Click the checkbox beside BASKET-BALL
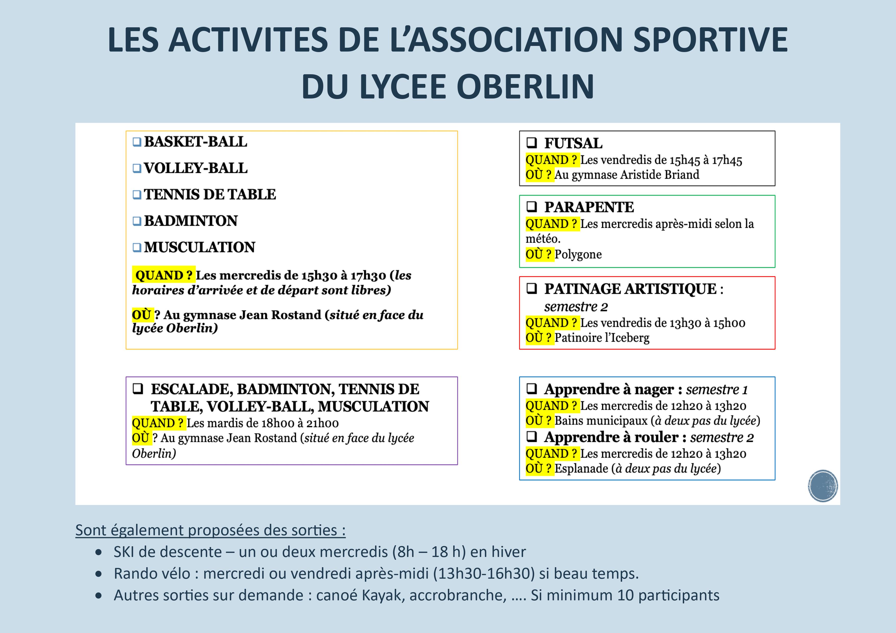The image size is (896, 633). [137, 142]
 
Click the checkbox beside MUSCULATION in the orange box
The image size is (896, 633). [137, 247]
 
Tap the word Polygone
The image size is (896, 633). [578, 254]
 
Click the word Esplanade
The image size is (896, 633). [581, 468]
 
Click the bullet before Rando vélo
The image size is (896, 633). [99, 574]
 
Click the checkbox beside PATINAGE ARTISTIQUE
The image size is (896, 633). [532, 289]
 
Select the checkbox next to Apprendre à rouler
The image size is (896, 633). [532, 437]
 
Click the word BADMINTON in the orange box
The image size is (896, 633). [191, 221]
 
